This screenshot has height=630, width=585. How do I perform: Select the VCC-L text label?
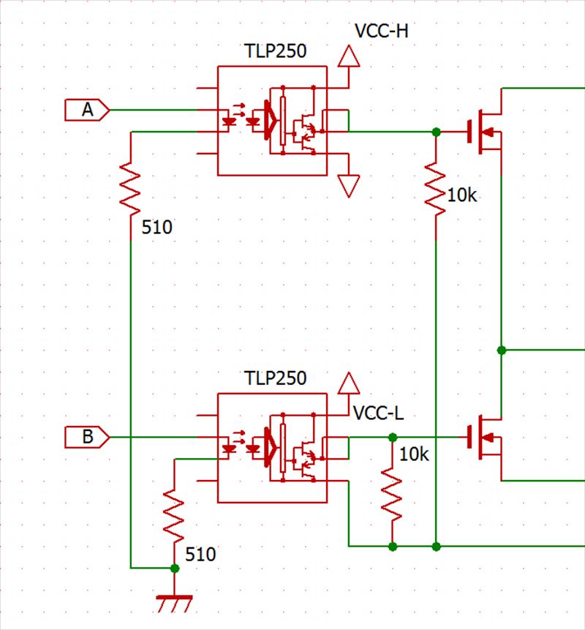pos(378,411)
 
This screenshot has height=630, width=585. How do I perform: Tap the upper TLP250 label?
pos(275,52)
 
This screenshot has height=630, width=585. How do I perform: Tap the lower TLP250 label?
pos(275,379)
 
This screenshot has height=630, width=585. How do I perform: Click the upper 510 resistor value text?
pos(157,228)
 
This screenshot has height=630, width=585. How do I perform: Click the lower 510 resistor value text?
pos(200,555)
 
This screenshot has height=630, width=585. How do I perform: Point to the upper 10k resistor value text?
pos(462,196)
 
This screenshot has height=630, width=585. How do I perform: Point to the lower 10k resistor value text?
pos(415,454)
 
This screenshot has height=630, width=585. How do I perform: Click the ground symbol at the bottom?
pos(174,603)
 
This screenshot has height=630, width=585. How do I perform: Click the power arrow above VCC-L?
pos(350,383)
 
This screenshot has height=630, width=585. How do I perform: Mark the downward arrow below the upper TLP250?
pos(350,186)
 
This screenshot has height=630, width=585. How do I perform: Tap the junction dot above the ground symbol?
pos(174,568)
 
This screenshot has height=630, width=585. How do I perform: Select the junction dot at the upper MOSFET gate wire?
pos(436,132)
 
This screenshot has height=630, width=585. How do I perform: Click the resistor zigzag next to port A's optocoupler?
pos(130,186)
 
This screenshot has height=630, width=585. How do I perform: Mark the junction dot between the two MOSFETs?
pos(502,350)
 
